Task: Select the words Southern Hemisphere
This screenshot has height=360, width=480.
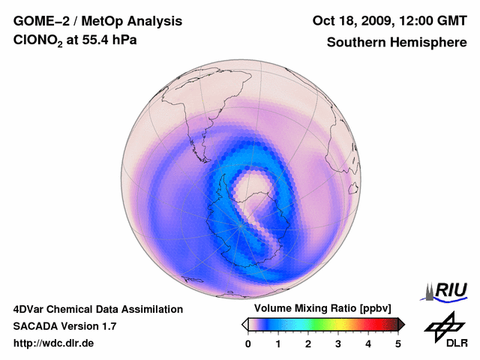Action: point(397,43)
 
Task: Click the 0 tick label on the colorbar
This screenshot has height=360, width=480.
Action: point(248,343)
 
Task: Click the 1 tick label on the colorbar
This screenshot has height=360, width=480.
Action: point(278,343)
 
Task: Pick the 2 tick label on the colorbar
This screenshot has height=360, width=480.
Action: point(308,343)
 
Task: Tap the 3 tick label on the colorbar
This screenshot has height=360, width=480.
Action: point(338,343)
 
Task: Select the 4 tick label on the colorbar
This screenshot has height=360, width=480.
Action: point(368,343)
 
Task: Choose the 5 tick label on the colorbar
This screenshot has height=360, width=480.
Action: point(398,343)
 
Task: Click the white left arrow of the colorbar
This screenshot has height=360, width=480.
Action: point(244,324)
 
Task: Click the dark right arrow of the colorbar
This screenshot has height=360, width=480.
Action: point(402,324)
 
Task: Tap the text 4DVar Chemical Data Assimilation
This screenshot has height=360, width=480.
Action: point(98,309)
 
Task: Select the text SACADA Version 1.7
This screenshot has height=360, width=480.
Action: point(64,326)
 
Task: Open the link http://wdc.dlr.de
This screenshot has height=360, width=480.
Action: point(54,343)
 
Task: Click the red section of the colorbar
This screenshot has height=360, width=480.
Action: point(367,324)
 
